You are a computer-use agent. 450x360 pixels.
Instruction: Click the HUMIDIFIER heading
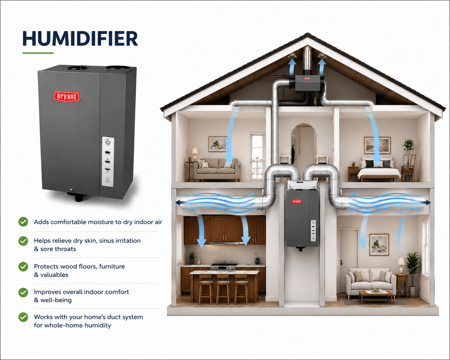(x=80, y=39)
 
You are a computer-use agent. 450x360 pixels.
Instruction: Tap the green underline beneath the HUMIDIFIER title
(x=38, y=53)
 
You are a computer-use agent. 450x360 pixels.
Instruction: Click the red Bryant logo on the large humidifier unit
(x=67, y=96)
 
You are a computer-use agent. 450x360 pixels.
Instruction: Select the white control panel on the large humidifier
(x=108, y=162)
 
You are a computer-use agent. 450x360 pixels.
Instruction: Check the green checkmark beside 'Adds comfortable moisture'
(x=23, y=222)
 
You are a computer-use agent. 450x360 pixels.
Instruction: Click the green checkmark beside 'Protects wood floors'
(x=23, y=267)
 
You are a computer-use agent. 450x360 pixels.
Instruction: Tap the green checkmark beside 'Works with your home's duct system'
(x=23, y=317)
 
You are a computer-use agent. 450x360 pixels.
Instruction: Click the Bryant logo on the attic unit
(x=307, y=78)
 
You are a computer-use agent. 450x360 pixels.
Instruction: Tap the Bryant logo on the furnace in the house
(x=297, y=201)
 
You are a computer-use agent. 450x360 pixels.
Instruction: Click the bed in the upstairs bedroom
(x=379, y=171)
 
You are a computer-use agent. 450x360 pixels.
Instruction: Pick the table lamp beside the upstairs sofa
(x=195, y=154)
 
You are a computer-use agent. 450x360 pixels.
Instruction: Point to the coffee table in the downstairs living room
(x=375, y=296)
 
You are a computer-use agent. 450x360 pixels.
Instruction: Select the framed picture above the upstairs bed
(x=377, y=145)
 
